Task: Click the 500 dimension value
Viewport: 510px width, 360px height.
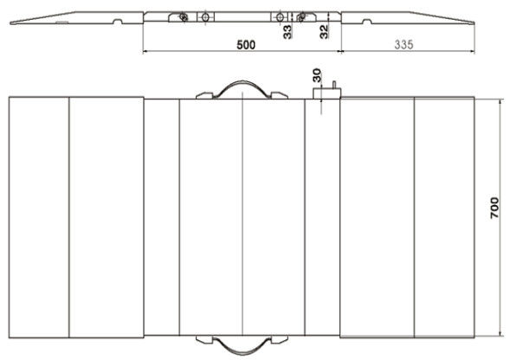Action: click(x=246, y=45)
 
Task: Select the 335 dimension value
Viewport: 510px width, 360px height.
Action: click(x=404, y=44)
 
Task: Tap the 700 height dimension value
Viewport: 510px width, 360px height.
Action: click(x=494, y=208)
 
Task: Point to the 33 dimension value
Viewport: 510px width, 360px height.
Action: click(x=287, y=32)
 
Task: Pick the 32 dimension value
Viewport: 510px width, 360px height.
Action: click(x=324, y=32)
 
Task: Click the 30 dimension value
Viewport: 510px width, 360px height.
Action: click(x=316, y=75)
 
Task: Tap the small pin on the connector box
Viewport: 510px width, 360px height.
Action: click(x=334, y=85)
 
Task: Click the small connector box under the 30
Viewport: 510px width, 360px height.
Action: click(x=326, y=93)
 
